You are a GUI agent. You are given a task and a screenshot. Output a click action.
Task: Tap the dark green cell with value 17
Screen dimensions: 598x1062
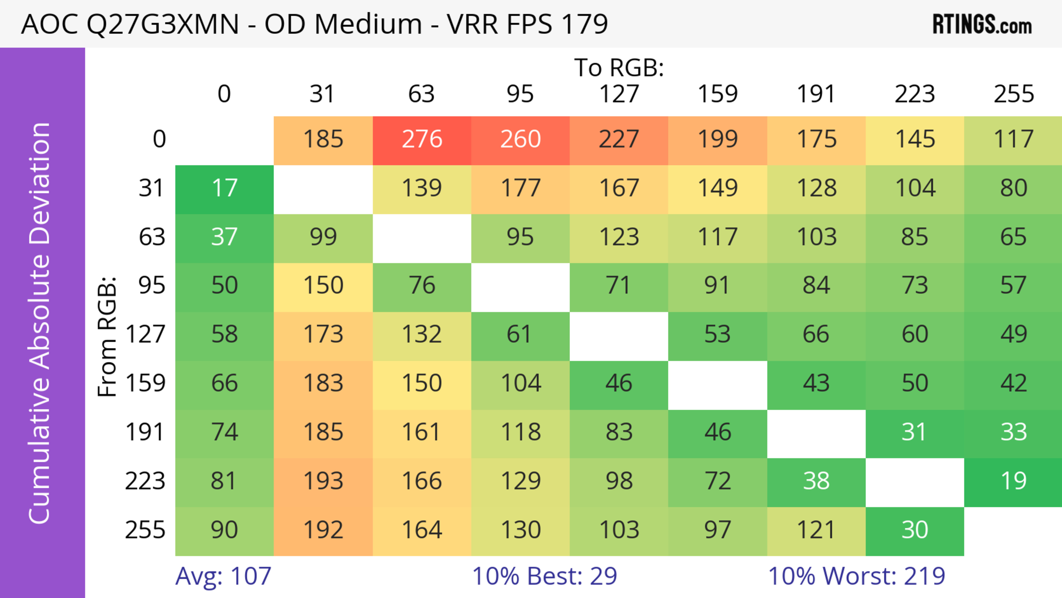click(x=224, y=188)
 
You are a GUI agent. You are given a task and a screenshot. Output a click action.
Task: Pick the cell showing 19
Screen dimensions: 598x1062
click(x=1013, y=481)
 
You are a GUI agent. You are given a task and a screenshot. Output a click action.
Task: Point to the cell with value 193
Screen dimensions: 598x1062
click(x=323, y=481)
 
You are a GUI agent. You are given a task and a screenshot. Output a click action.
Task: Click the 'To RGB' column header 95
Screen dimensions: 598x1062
click(x=520, y=94)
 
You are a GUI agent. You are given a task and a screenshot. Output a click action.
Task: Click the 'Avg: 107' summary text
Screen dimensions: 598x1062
click(x=223, y=576)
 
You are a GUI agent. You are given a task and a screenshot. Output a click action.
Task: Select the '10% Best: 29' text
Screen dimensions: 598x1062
click(x=544, y=576)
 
